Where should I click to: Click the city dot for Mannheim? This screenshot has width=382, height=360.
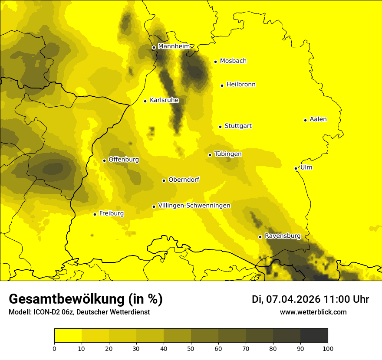(154, 47)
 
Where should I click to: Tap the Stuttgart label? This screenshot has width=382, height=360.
(238, 126)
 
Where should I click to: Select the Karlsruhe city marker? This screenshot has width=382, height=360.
(145, 101)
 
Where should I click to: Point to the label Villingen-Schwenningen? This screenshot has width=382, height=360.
(194, 206)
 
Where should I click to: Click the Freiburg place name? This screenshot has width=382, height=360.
(111, 213)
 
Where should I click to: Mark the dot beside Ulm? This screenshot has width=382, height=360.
(296, 168)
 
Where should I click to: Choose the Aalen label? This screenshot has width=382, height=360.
(318, 119)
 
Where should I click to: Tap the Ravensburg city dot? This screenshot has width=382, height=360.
(260, 237)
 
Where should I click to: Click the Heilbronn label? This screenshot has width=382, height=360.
(241, 85)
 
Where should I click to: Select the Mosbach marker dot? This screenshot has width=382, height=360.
(215, 62)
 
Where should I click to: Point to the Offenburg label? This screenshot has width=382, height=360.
(124, 160)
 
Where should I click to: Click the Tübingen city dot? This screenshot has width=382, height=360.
(210, 155)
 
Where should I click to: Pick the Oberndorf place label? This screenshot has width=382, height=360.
(184, 180)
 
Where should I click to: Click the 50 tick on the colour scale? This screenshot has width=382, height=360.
(191, 348)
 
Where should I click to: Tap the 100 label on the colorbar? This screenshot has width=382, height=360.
(328, 348)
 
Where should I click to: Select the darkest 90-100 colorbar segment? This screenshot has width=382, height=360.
(314, 336)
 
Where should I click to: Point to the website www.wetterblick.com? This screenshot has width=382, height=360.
(313, 312)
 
